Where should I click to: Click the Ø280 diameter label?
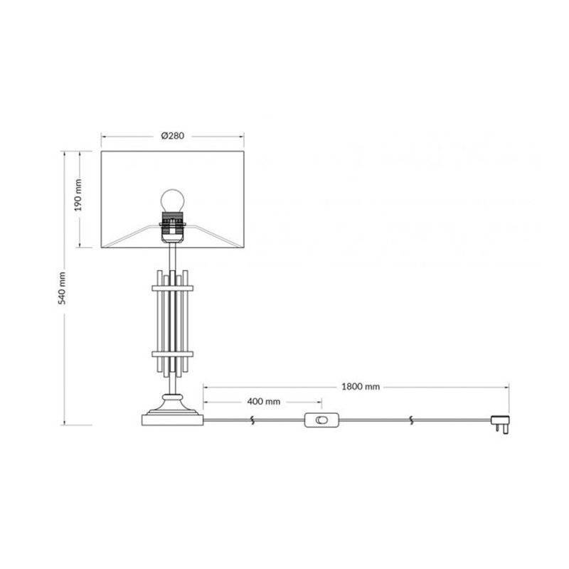click(173, 136)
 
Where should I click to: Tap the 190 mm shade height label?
click(78, 195)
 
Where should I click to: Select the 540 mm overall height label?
click(63, 288)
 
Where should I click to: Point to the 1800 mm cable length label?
click(361, 387)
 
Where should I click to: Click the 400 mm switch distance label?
click(263, 402)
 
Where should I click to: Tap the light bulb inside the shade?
click(173, 201)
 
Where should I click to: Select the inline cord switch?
click(321, 420)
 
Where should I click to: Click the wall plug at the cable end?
click(501, 424)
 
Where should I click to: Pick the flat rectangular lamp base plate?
click(173, 420)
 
